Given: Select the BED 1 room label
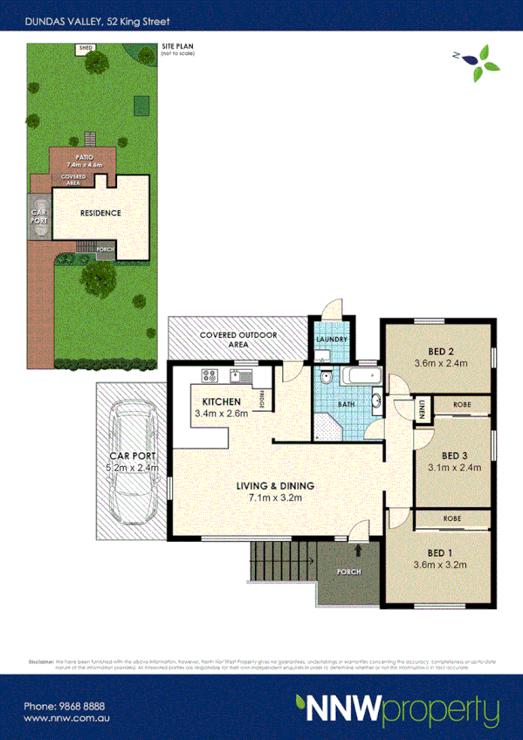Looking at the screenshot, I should coord(441,552).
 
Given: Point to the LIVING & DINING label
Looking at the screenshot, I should coord(272,486).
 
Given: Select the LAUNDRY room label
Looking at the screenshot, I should coord(332,340).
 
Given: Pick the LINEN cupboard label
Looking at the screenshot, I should coord(421,408).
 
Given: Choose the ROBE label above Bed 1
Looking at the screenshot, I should coord(451,517).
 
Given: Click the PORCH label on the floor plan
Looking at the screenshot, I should coord(348,572).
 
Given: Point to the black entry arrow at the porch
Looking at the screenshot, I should coord(361,551).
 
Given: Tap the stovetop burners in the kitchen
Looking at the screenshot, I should coord(210,376).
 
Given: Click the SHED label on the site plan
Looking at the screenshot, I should coord(86,49).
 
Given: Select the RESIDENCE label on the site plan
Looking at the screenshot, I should coord(100,213).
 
